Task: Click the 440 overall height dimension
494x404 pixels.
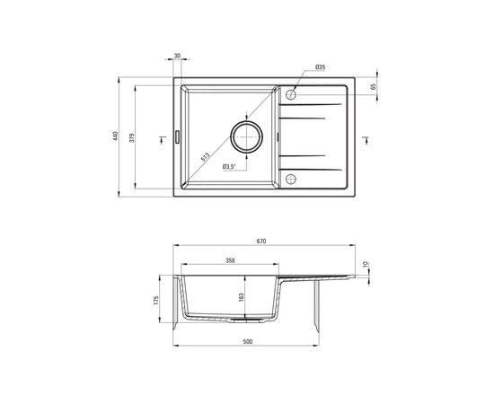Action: [115, 136]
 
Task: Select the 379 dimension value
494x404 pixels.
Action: [132, 138]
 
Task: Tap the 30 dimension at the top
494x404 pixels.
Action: [177, 56]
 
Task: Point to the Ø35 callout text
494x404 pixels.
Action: [320, 66]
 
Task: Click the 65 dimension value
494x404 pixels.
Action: [374, 86]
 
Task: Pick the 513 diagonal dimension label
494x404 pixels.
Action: [205, 157]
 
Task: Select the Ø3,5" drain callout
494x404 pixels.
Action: [229, 167]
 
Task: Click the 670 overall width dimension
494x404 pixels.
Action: [261, 242]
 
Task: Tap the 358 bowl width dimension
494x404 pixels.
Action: [230, 260]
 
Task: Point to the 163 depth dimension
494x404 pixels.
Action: [242, 297]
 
